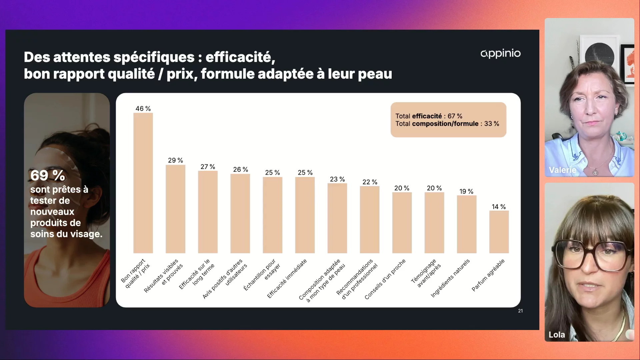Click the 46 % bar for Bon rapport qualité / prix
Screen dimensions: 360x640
(143, 183)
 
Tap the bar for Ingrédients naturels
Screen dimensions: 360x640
(466, 224)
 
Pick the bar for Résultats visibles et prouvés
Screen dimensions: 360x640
(175, 209)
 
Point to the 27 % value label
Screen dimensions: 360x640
(208, 167)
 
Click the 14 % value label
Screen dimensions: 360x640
(499, 207)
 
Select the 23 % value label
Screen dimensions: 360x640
(337, 179)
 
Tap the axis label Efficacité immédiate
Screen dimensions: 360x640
(287, 279)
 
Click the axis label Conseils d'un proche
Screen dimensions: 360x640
(385, 279)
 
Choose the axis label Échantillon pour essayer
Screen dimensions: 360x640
(262, 274)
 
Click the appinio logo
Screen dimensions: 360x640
(500, 53)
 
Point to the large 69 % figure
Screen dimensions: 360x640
(48, 175)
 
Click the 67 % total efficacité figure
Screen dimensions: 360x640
(455, 116)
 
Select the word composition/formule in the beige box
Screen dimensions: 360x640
(445, 124)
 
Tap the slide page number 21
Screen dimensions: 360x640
(520, 311)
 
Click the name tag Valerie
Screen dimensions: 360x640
(562, 170)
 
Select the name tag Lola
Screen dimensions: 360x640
(557, 335)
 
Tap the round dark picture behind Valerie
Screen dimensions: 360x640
(599, 53)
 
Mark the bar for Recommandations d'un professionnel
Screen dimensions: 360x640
(369, 219)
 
